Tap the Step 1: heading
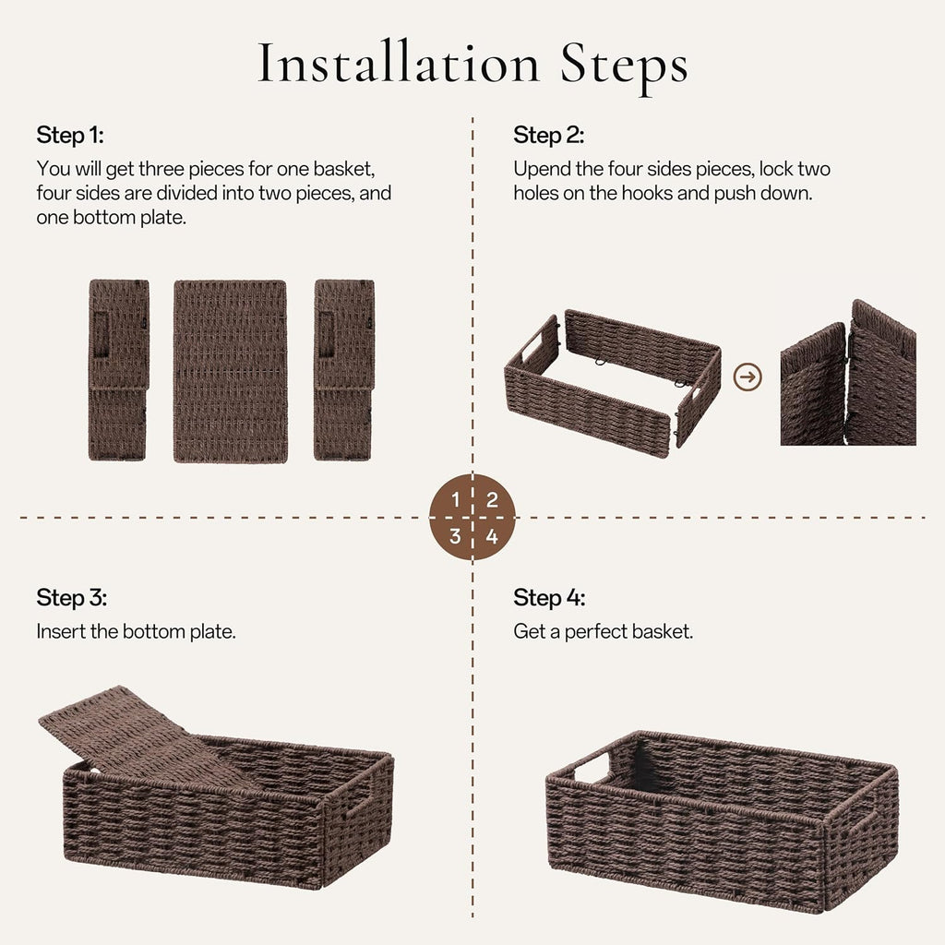pos(70,136)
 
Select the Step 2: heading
pos(548,136)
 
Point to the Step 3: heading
pos(71,597)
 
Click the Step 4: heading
pos(549,597)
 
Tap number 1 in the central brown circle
pos(455,500)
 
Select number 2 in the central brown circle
pos(492,500)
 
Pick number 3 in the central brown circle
pos(455,536)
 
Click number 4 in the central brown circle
pos(492,536)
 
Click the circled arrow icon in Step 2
pos(748,377)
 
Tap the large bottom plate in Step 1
pos(230,370)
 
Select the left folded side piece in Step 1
pos(118,370)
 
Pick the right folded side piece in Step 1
pos(343,370)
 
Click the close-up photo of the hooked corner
pos(847,374)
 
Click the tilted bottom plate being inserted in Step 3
pos(138,734)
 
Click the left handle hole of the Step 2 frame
pos(533,350)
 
